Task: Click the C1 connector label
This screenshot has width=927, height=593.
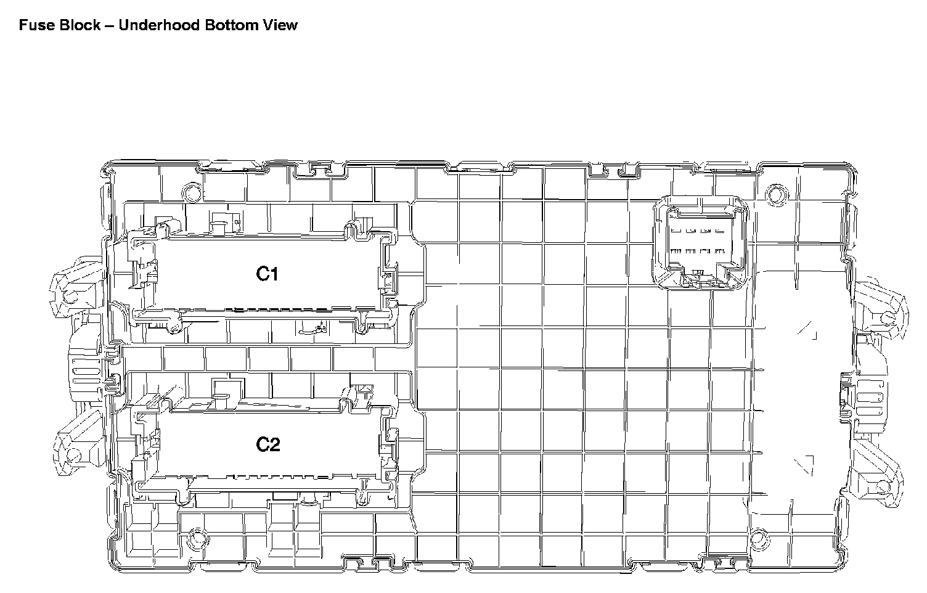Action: click(267, 274)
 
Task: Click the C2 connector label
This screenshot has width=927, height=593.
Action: click(267, 444)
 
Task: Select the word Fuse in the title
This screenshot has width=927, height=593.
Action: click(37, 25)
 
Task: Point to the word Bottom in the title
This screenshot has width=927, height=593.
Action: click(232, 25)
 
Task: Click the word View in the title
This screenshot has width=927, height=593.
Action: click(280, 25)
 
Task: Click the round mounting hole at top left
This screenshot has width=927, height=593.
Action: click(192, 192)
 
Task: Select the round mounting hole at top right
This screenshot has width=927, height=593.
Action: click(777, 195)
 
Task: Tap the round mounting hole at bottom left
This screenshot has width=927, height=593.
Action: click(198, 539)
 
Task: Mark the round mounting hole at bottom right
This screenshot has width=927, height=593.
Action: click(759, 539)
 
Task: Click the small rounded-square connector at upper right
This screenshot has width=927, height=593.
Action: click(701, 242)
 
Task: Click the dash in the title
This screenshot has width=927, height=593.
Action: click(110, 26)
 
